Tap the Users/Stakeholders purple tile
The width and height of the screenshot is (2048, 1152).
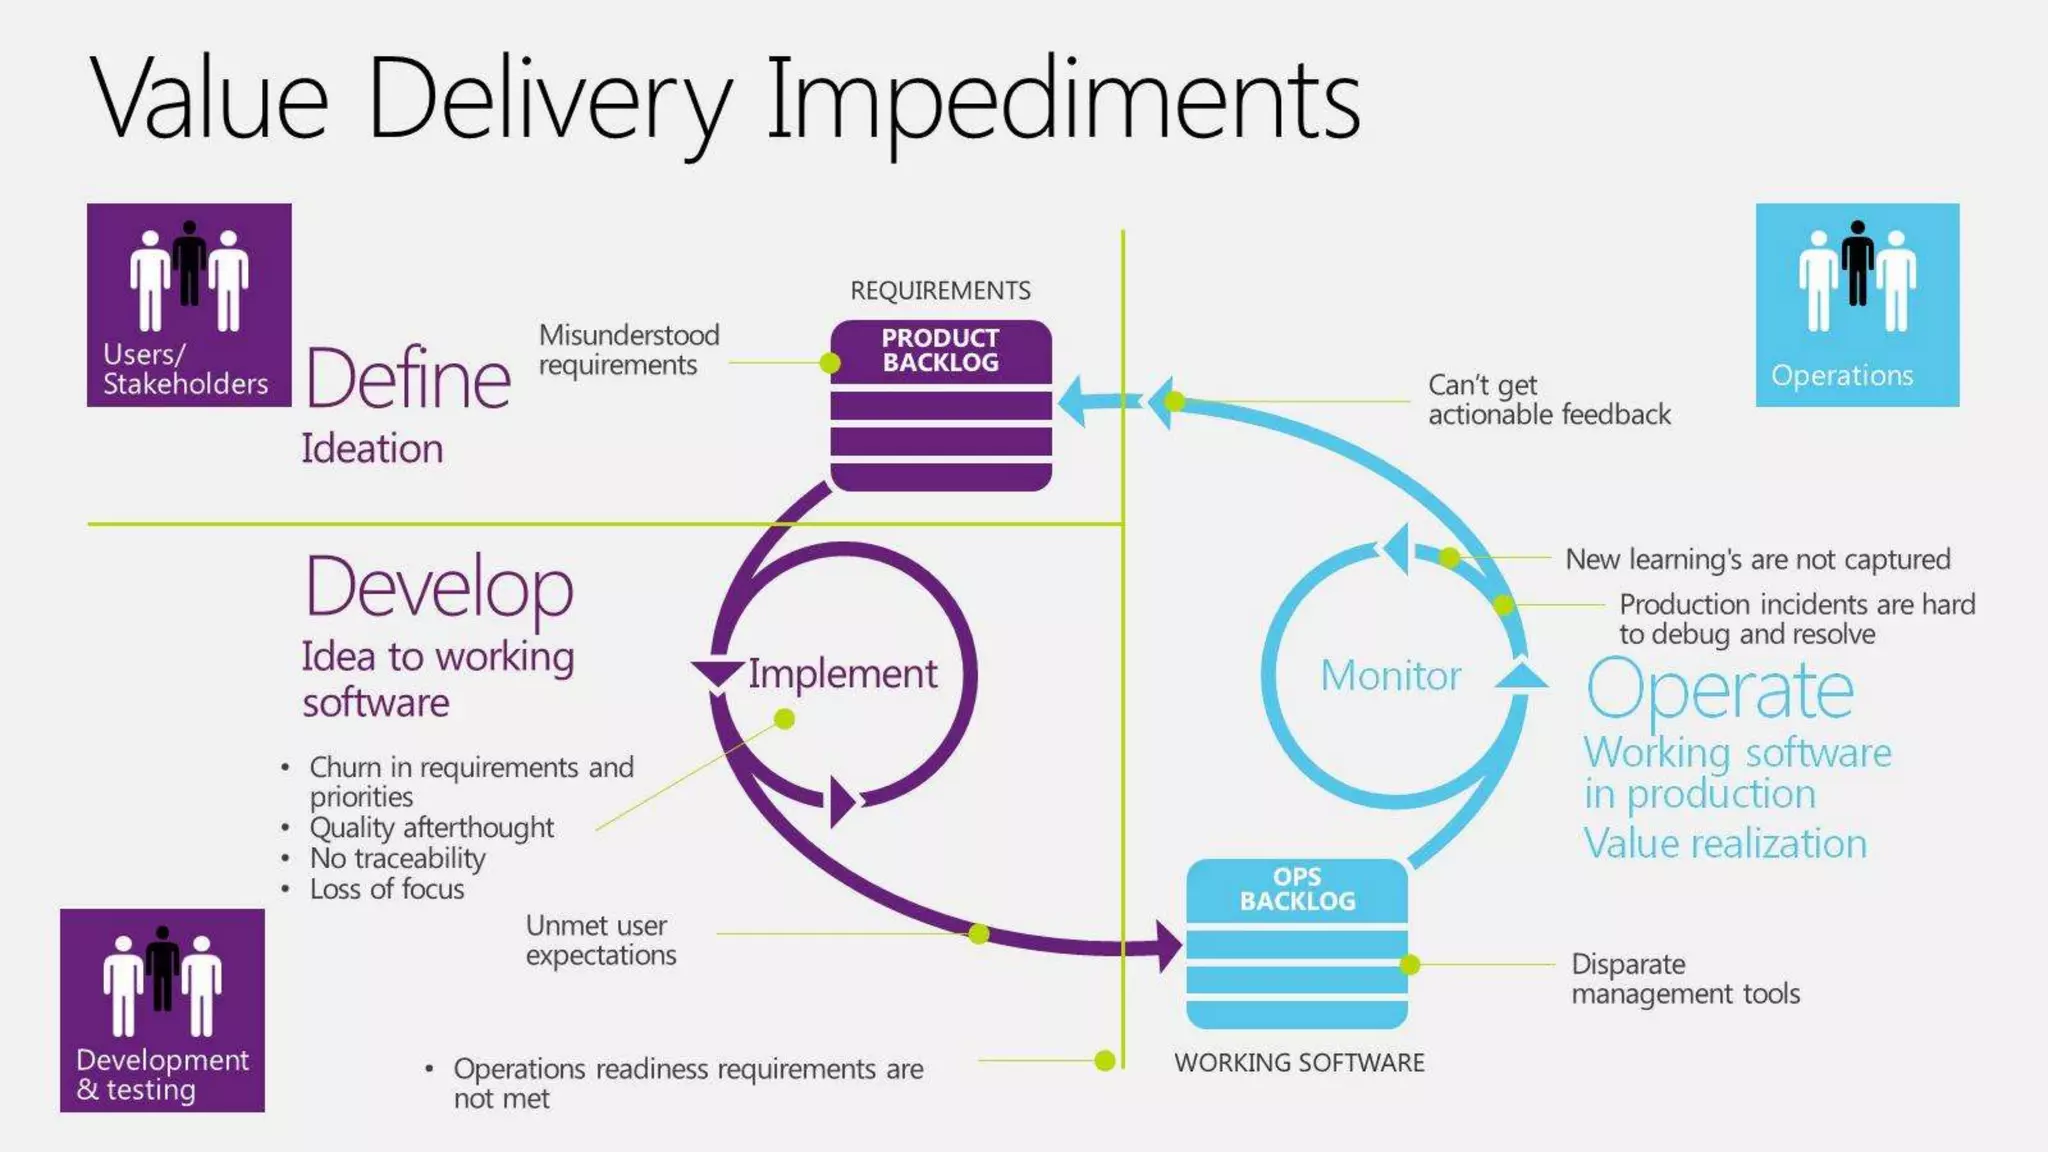[x=189, y=305]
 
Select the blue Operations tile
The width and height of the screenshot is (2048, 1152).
[x=1857, y=305]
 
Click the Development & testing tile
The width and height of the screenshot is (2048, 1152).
[x=162, y=1010]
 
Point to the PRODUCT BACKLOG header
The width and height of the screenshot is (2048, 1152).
[x=940, y=350]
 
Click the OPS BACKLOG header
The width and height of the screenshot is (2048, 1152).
[x=1297, y=889]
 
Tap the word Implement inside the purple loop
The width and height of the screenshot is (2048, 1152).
[x=842, y=674]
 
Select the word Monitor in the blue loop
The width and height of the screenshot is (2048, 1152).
[x=1390, y=676]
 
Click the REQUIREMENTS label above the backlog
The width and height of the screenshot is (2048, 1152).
[x=940, y=290]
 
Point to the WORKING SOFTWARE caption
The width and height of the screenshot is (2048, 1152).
[x=1299, y=1062]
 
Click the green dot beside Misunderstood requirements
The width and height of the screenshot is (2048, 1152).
[x=830, y=363]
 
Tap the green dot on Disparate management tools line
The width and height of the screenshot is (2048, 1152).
[x=1410, y=964]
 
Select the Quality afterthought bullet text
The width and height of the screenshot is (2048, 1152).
[x=431, y=828]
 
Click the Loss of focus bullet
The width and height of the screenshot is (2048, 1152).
[x=387, y=889]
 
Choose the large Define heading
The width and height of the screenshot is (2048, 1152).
[x=408, y=379]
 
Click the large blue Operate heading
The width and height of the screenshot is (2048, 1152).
[x=1719, y=690]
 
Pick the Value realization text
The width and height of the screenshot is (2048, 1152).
[x=1725, y=844]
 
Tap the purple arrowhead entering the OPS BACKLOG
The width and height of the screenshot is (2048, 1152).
[x=1167, y=946]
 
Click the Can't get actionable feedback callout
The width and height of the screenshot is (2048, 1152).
[x=1548, y=400]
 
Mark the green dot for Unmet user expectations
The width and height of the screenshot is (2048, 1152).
[x=979, y=933]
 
